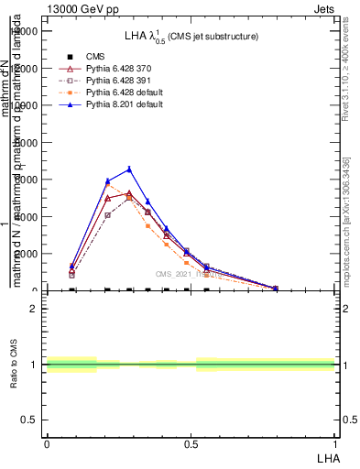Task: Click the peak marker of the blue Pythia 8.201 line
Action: [x=129, y=169]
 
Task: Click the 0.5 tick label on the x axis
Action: [x=191, y=443]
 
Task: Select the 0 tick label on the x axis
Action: [x=47, y=443]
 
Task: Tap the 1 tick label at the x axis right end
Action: [x=335, y=443]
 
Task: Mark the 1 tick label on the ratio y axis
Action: [x=34, y=365]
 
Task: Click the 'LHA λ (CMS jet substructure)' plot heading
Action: [x=191, y=36]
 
